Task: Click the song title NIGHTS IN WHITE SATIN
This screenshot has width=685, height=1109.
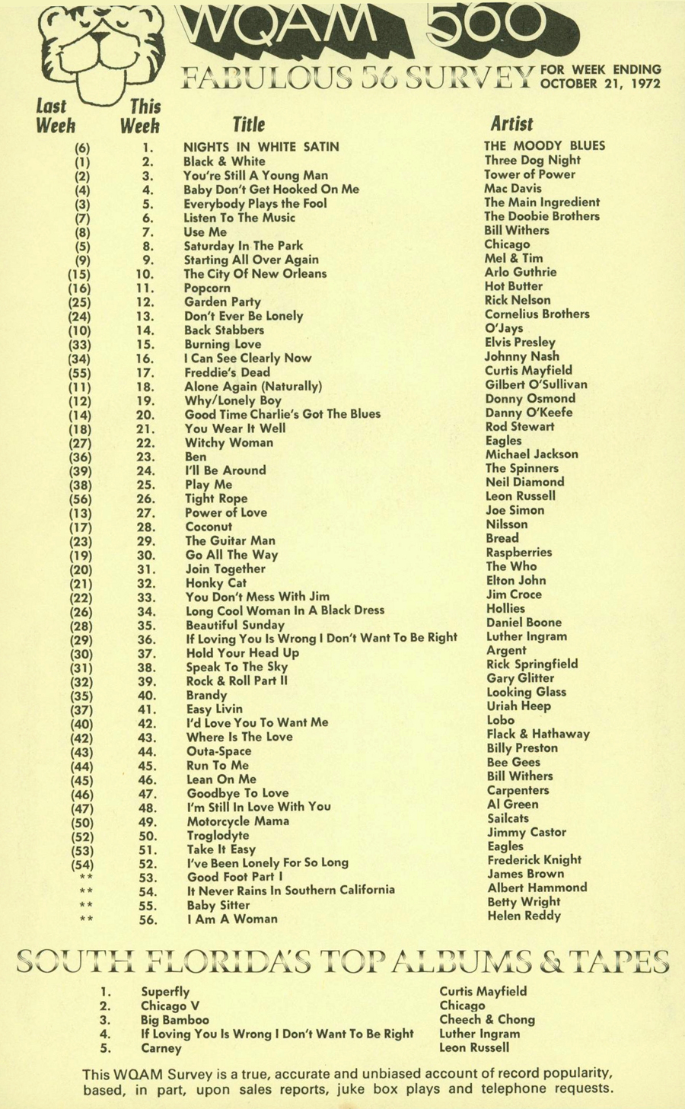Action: (x=261, y=147)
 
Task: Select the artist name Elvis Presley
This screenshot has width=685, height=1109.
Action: (x=520, y=343)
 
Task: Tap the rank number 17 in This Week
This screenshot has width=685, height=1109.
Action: (x=145, y=373)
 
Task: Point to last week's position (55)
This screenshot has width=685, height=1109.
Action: (x=80, y=373)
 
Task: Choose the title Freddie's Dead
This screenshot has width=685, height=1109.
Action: (x=227, y=372)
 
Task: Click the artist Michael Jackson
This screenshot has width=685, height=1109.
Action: (x=531, y=454)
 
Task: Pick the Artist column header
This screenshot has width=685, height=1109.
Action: (x=511, y=124)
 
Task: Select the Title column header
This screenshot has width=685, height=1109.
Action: (x=249, y=124)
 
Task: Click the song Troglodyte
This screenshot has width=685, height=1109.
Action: (x=218, y=835)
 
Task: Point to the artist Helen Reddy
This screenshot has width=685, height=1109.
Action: (x=524, y=916)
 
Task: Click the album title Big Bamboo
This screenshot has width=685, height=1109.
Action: (x=174, y=1020)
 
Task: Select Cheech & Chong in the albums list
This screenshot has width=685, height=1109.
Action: (x=487, y=1019)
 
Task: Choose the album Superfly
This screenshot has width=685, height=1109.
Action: (x=165, y=992)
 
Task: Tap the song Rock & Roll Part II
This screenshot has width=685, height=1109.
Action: (x=237, y=680)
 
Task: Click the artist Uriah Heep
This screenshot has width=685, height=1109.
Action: (x=518, y=706)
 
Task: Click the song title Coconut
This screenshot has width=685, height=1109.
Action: (x=209, y=527)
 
